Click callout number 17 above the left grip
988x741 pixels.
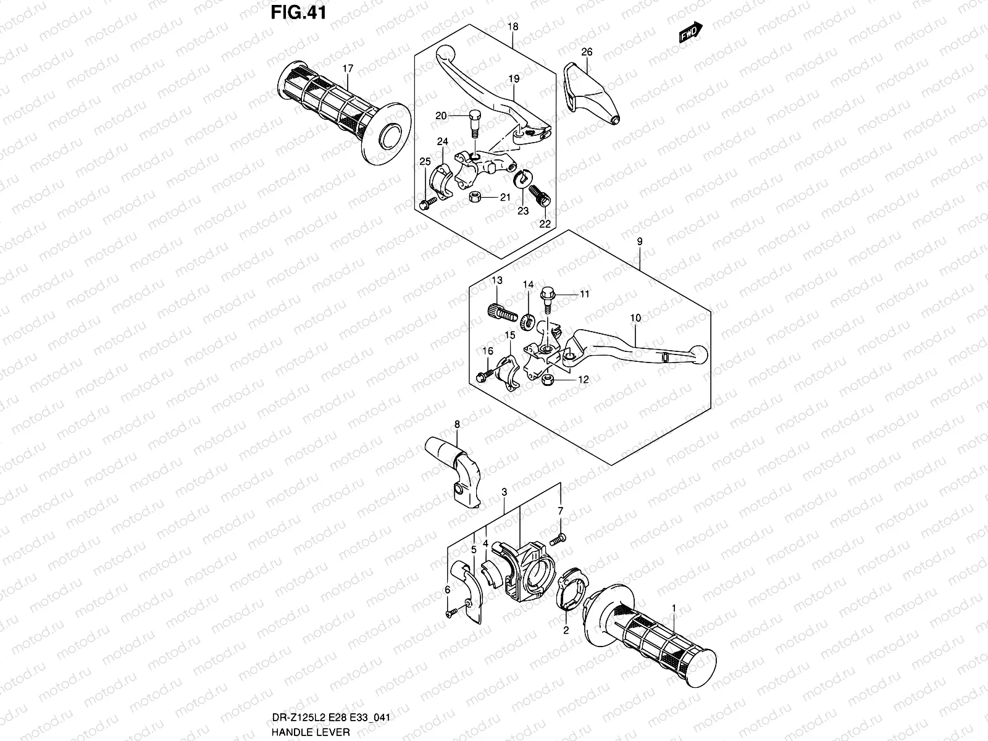348,69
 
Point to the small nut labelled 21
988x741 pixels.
476,198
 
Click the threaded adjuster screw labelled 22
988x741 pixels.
540,200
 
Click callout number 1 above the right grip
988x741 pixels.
674,608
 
